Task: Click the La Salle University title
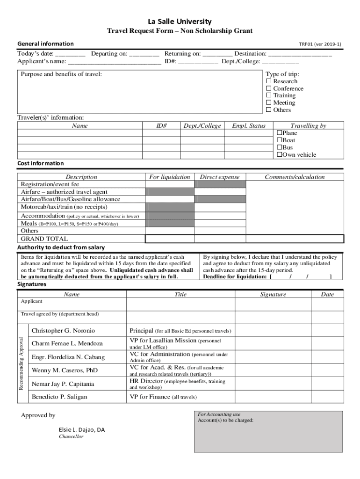(x=180, y=22)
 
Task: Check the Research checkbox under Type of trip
(x=269, y=81)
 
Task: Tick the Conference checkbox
(x=269, y=88)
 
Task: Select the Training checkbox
(x=269, y=95)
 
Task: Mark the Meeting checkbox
(x=269, y=102)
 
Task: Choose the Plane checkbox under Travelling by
(x=280, y=133)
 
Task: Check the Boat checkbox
(x=280, y=140)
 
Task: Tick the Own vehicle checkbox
(x=280, y=155)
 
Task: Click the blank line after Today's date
(x=70, y=54)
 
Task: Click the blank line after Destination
(x=300, y=54)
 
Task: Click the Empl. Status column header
(x=248, y=126)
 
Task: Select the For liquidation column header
(x=169, y=177)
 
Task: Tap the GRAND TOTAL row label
(x=44, y=239)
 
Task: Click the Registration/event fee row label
(x=50, y=184)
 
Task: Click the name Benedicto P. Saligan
(x=59, y=397)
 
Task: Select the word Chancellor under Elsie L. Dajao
(x=71, y=436)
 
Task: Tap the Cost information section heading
(x=41, y=163)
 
